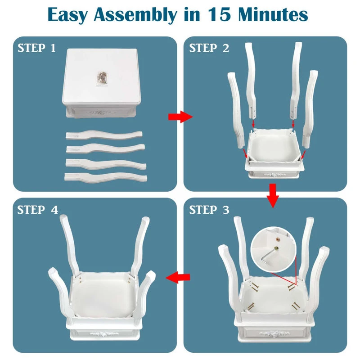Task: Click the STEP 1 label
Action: pos(36,48)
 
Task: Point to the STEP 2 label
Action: pos(209,48)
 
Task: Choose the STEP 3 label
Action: pos(209,210)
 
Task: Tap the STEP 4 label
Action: pos(38,210)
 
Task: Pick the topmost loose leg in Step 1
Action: pos(104,135)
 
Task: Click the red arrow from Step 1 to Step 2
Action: pos(180,117)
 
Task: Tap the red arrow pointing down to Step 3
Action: pos(273,196)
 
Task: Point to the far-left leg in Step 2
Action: pos(236,110)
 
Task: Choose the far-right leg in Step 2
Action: pos(310,109)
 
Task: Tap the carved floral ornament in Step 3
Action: pos(274,333)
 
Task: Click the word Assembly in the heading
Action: pos(135,15)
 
